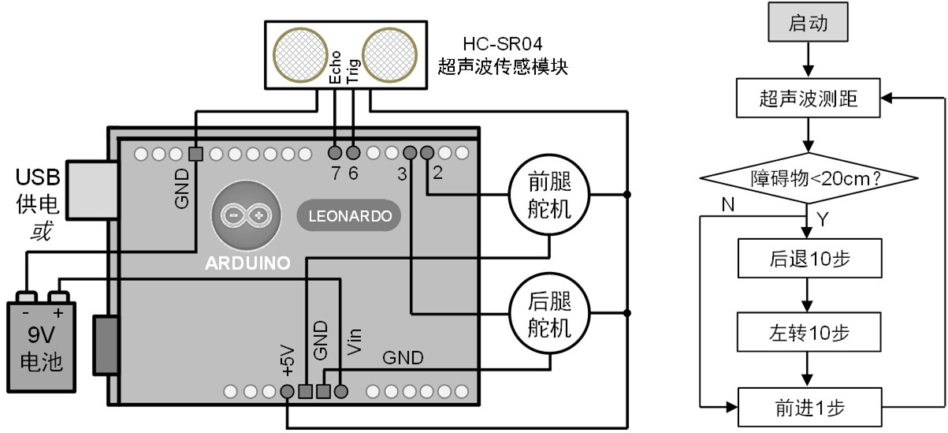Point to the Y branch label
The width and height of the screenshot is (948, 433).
(x=823, y=218)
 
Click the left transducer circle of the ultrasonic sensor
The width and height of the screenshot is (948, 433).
(x=299, y=53)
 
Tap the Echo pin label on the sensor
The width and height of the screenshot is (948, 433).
(x=335, y=69)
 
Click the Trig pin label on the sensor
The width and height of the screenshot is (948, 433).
(x=354, y=69)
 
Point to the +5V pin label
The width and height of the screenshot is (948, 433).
(x=286, y=360)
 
